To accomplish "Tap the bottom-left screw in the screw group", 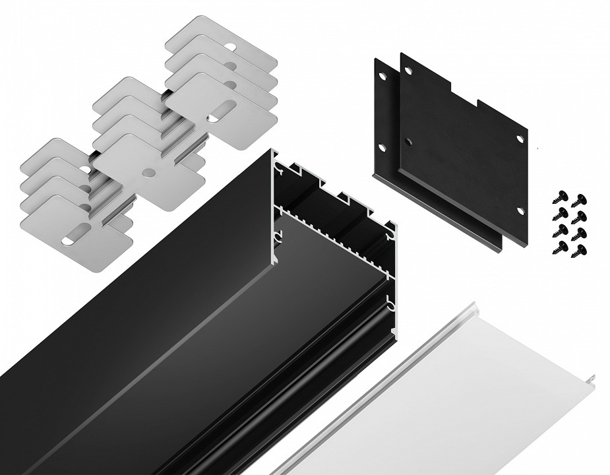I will tap(563, 247).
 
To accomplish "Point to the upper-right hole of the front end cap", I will tap(520, 139).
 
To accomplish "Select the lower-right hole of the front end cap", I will tap(520, 211).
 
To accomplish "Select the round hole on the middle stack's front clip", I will tap(150, 173).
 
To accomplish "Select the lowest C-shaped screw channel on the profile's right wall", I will tap(391, 307).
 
